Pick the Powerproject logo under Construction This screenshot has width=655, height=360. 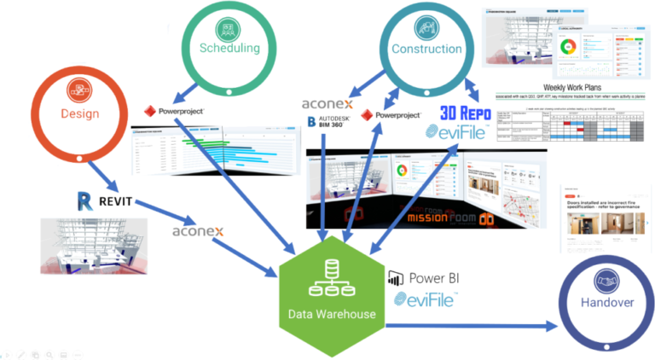click(391, 114)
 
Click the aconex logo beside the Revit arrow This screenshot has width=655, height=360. click(198, 231)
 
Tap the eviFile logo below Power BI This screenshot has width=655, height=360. click(426, 300)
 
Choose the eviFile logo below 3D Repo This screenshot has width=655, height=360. click(460, 132)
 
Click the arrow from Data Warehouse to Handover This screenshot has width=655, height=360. click(469, 325)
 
